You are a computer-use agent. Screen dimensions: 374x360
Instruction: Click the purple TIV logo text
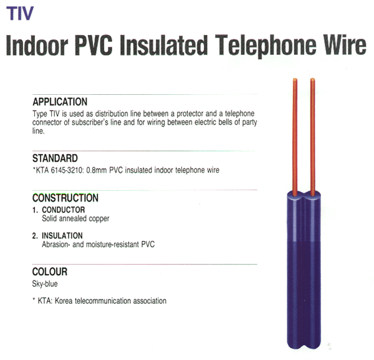point(20,13)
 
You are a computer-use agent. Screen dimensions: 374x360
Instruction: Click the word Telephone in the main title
point(267,46)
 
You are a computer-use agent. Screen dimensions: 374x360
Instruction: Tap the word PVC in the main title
point(93,45)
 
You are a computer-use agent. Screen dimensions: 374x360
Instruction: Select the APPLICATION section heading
point(60,102)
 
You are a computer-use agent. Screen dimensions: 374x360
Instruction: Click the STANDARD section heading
point(55,158)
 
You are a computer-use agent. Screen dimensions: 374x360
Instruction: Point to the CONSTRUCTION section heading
point(65,198)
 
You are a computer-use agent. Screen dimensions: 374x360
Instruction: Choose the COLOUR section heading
point(50,271)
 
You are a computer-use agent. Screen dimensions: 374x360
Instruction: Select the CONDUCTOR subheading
point(64,210)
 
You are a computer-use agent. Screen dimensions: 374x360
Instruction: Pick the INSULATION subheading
point(62,236)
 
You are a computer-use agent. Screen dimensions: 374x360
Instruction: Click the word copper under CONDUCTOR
point(99,219)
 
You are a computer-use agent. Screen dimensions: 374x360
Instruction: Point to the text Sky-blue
point(45,284)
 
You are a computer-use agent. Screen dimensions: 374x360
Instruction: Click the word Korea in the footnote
point(64,301)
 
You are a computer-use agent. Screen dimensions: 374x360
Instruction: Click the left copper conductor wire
point(295,137)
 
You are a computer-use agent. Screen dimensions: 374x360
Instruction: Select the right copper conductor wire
point(313,137)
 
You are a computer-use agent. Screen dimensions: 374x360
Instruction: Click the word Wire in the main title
point(345,45)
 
